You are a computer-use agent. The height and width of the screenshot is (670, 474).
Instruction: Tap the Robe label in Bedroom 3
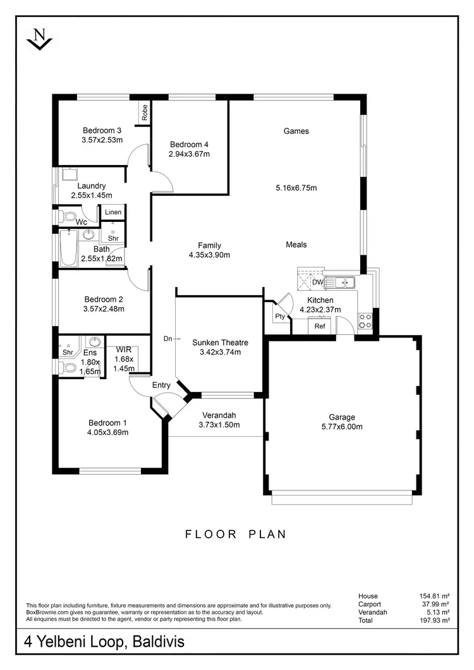[x=145, y=113]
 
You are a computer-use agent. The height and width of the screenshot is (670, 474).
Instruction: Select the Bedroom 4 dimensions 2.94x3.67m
[x=189, y=154]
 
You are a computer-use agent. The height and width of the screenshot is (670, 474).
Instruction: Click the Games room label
[x=296, y=131]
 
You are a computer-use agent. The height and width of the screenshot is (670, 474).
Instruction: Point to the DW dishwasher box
[x=317, y=282]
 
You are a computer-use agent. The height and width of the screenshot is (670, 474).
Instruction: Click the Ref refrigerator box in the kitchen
[x=320, y=326]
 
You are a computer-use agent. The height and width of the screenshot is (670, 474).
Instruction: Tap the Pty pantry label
[x=279, y=316]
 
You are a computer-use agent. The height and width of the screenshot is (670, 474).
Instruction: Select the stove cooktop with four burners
[x=366, y=320]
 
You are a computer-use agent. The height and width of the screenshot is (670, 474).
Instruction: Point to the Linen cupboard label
[x=113, y=212]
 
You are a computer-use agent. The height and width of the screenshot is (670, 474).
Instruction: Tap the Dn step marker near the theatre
[x=168, y=339]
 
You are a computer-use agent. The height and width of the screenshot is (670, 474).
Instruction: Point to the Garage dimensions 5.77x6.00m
[x=342, y=426]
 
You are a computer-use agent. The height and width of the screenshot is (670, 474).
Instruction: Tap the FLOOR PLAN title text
[x=236, y=534]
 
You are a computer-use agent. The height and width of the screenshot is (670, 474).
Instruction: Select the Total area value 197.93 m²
[x=435, y=621]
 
